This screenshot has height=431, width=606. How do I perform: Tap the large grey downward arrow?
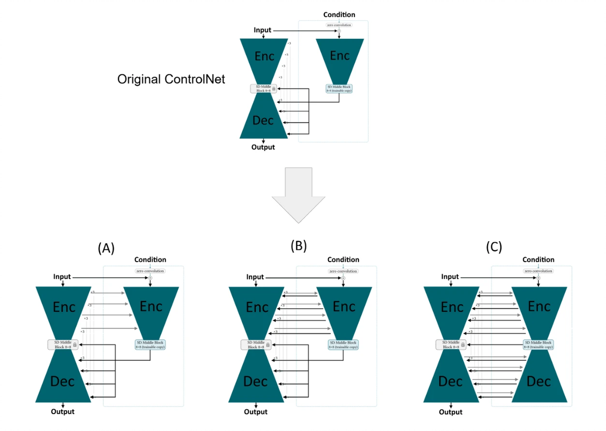click(x=298, y=196)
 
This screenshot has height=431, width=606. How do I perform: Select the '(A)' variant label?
click(x=106, y=248)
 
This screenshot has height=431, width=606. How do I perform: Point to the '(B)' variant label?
click(x=298, y=246)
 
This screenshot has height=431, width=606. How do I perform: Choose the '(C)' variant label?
click(x=494, y=247)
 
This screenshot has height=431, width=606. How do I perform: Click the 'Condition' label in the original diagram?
click(x=339, y=15)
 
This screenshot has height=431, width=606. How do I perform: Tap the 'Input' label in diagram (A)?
click(x=63, y=277)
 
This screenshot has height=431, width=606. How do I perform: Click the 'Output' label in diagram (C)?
click(x=450, y=412)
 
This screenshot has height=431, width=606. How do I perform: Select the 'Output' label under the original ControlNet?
click(x=263, y=147)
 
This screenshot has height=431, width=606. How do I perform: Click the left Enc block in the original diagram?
click(x=264, y=56)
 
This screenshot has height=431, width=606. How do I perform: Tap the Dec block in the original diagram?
click(x=263, y=120)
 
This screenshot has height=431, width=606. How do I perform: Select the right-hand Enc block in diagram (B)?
click(x=344, y=307)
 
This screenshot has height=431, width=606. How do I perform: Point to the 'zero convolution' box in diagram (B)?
click(x=343, y=271)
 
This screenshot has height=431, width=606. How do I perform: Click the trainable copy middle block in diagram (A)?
click(x=150, y=344)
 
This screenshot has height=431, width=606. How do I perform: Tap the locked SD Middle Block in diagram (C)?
click(x=451, y=344)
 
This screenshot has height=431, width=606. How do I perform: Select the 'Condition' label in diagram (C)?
click(x=538, y=260)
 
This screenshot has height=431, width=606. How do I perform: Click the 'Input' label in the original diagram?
click(x=263, y=31)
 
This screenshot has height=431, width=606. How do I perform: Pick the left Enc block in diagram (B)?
click(x=257, y=307)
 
